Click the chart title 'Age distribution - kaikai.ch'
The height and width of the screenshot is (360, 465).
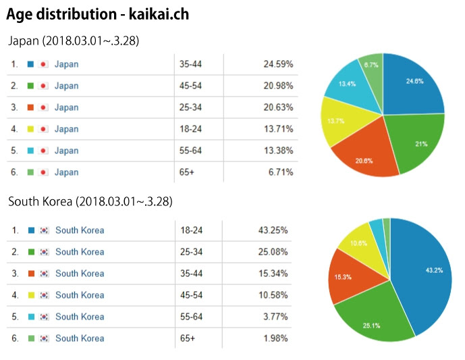pos(99,14)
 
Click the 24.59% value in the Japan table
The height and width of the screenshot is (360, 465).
pos(278,64)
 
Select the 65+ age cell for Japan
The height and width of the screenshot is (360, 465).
pos(186,172)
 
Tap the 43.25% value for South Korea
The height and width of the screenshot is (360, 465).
pos(274,230)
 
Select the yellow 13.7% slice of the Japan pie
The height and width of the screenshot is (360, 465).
pos(337,122)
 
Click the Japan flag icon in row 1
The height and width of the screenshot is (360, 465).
pos(44,64)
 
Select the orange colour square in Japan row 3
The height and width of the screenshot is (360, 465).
pos(30,107)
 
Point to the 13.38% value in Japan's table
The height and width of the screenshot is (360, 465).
pos(278,151)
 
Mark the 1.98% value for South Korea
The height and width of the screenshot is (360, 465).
pos(276,338)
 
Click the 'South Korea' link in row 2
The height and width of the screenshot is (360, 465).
pos(80,252)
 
